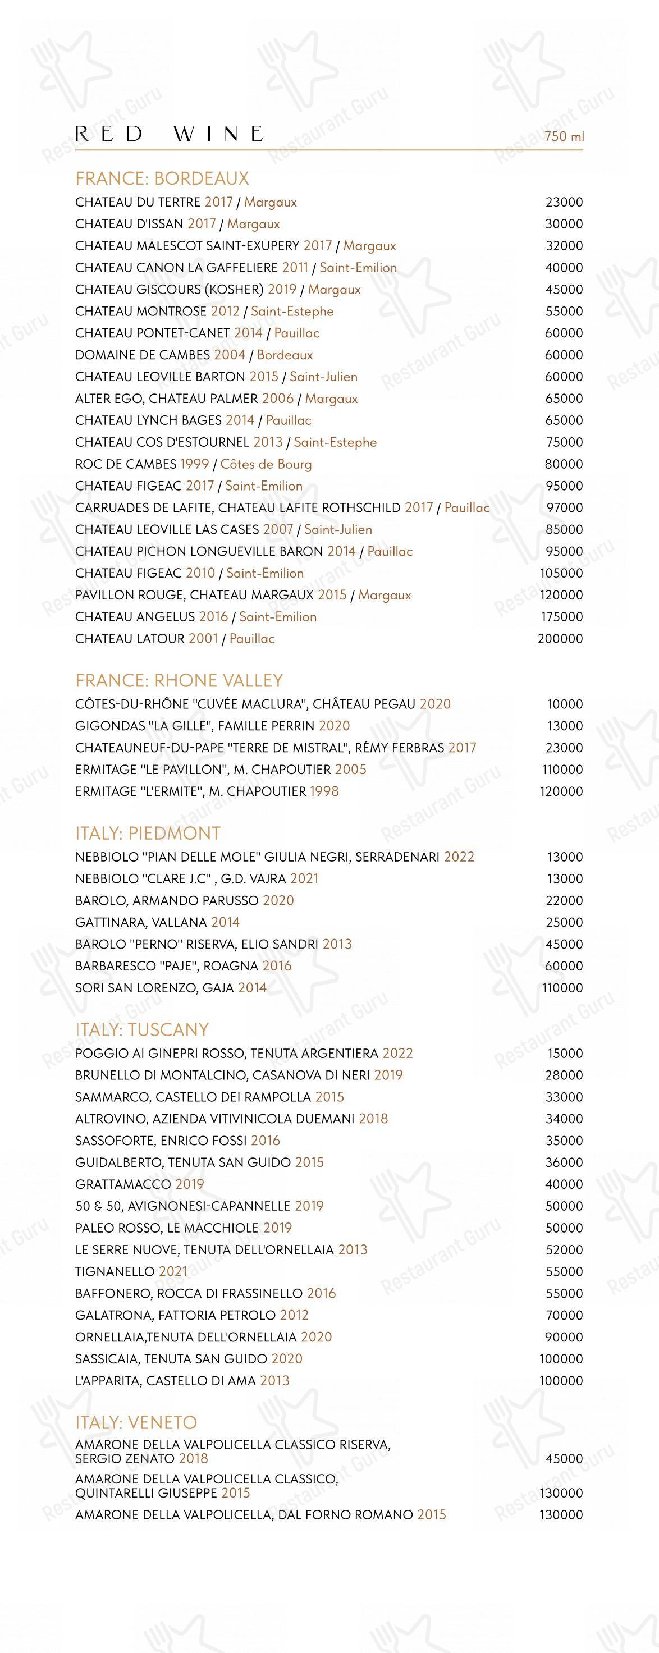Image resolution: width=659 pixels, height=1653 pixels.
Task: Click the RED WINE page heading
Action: [x=170, y=134]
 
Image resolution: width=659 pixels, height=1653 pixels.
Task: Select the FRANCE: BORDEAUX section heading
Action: [x=162, y=178]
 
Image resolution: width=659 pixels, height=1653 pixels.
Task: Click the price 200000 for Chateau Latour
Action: [x=560, y=639]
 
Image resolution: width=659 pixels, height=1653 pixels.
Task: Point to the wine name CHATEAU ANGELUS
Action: [x=135, y=617]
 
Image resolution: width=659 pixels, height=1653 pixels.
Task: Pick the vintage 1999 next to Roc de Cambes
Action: [x=194, y=464]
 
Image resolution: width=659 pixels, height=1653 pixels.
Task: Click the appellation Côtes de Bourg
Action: [x=266, y=464]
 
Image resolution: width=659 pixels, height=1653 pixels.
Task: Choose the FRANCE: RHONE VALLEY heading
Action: [x=179, y=680]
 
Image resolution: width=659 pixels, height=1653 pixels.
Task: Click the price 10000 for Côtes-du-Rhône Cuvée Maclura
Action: [x=565, y=704]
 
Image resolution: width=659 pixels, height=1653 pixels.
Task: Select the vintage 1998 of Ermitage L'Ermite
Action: [x=324, y=791]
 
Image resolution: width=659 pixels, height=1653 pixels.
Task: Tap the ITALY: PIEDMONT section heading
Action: [x=148, y=833]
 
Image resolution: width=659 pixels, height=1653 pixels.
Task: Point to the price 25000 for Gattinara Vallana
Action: [x=564, y=922]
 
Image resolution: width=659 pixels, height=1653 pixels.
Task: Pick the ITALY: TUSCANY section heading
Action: [x=142, y=1029]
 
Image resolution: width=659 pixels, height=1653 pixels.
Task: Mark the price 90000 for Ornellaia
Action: [x=564, y=1336]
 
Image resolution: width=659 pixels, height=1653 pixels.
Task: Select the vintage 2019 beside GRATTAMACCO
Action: [x=189, y=1184]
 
